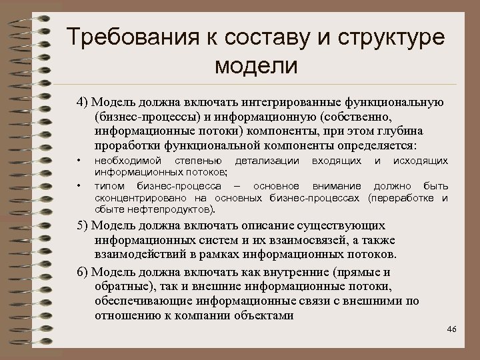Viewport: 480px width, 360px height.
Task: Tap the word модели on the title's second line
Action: (x=256, y=66)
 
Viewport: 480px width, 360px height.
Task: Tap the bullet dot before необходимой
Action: (x=79, y=161)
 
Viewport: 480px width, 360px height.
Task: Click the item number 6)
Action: (x=82, y=272)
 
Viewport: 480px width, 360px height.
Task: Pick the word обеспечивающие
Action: (x=141, y=301)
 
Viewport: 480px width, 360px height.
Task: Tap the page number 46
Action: (x=453, y=330)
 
